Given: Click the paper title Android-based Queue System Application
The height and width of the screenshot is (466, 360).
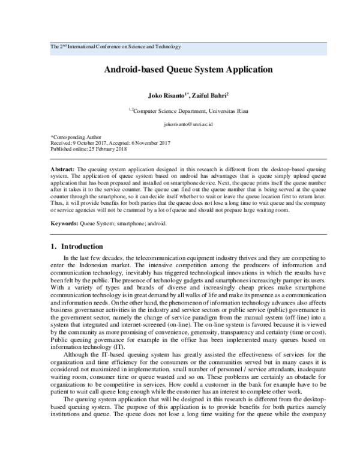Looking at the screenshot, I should tap(180, 69).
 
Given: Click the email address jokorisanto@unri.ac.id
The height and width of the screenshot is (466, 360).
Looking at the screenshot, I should tap(180, 124).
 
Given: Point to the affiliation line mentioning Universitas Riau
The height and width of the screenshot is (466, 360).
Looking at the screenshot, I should tap(180, 110).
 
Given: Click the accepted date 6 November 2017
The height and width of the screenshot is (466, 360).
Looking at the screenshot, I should tap(149, 143).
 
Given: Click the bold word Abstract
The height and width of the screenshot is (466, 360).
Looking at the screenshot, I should tap(63, 171).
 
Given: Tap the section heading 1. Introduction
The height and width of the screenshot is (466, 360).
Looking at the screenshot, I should tap(77, 247).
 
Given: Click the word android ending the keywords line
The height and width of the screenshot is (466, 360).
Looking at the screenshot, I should tap(157, 223).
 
